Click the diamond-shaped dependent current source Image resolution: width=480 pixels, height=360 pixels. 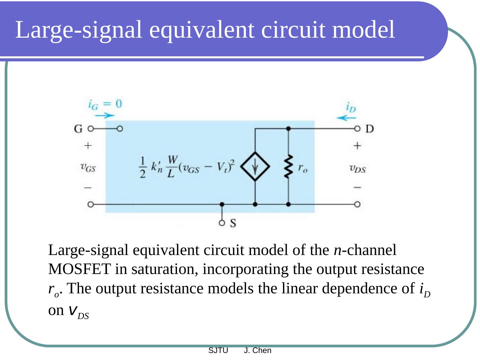(255, 166)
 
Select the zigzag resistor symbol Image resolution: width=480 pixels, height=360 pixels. (288, 166)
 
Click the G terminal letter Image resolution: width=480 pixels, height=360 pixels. (78, 129)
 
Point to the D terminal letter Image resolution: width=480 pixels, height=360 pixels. (370, 129)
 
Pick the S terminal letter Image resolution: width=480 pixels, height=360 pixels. (233, 223)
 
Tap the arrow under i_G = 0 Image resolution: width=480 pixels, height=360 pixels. (105, 116)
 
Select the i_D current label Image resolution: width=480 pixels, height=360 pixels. (351, 107)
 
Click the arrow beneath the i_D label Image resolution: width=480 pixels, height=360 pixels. (346, 117)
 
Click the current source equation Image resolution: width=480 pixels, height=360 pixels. (187, 166)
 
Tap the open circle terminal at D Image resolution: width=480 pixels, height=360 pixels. (357, 129)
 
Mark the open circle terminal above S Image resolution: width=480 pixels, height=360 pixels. (222, 223)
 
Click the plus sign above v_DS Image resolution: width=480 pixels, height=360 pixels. (357, 146)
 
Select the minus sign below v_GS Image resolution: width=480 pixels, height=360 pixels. (88, 188)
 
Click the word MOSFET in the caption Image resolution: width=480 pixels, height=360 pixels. (79, 269)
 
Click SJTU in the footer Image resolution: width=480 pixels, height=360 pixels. (218, 350)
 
